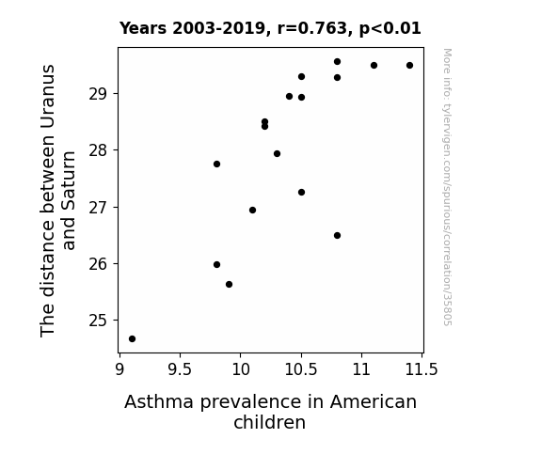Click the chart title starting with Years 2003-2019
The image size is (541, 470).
coord(270,28)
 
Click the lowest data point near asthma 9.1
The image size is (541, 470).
coord(132,339)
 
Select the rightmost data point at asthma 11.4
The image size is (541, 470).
coord(409,66)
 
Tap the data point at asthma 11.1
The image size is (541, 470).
coord(374,66)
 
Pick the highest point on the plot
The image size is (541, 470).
coord(338,62)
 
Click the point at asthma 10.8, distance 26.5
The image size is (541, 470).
coord(338,236)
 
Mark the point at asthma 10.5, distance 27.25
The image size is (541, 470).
coord(302,193)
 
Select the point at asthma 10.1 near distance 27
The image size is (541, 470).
coord(252,211)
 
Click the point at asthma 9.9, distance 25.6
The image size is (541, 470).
coord(229,285)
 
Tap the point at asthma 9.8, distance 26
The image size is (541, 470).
coord(216,265)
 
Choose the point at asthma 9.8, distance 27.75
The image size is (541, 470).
coord(216,164)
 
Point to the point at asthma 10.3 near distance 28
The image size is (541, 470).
coord(277,154)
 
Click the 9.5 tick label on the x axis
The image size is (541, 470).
coord(180,370)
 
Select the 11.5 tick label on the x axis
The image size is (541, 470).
coord(422,370)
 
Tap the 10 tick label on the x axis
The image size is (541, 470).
coord(241,370)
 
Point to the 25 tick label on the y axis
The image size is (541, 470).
coord(99,321)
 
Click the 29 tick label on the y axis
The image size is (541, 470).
coord(99,94)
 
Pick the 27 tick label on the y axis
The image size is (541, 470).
coord(99,208)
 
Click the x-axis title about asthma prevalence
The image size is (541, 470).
coord(270,412)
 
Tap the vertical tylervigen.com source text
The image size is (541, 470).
coord(447,187)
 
